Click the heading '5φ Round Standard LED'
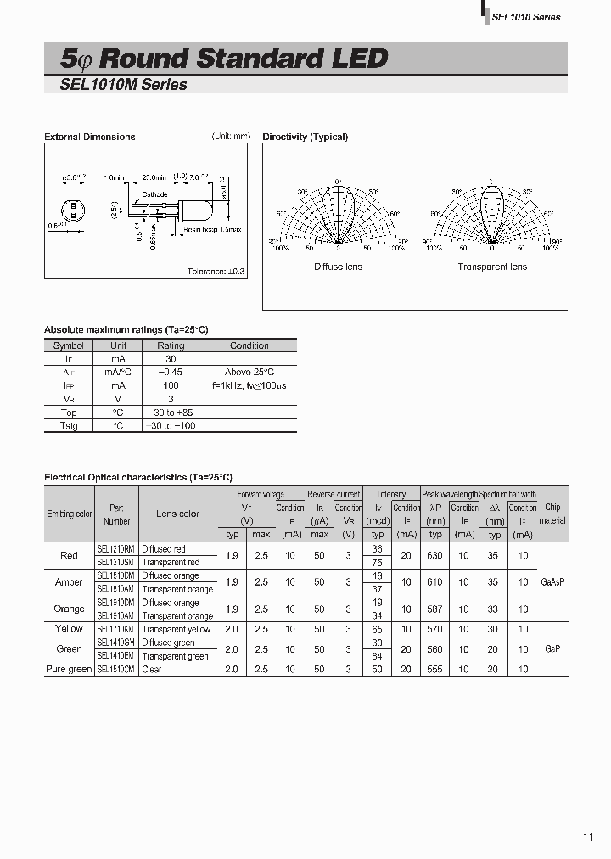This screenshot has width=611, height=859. click(x=224, y=58)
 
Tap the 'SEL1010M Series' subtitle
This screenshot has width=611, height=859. click(x=124, y=85)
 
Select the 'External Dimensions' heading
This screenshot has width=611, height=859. click(x=89, y=137)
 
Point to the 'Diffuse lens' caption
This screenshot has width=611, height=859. click(x=338, y=267)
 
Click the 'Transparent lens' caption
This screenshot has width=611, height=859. click(x=492, y=267)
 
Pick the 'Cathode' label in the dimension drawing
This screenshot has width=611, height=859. click(x=154, y=194)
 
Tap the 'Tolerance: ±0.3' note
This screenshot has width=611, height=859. click(x=216, y=271)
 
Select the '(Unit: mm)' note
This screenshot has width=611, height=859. click(x=231, y=136)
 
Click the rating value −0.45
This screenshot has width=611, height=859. click(x=171, y=373)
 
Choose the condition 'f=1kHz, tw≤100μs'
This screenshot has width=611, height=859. click(x=249, y=385)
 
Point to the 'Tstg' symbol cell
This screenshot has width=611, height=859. click(x=68, y=425)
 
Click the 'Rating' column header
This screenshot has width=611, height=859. click(x=171, y=345)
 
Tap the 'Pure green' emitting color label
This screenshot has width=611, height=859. click(x=69, y=669)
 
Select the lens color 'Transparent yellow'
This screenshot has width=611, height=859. click(x=176, y=629)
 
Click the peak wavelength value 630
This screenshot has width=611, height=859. click(x=435, y=555)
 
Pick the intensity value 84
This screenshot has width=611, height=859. click(x=378, y=655)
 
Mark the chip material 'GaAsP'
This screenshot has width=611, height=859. click(x=552, y=582)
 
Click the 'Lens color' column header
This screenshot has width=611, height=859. click(x=177, y=514)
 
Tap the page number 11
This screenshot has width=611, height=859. click(x=589, y=837)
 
